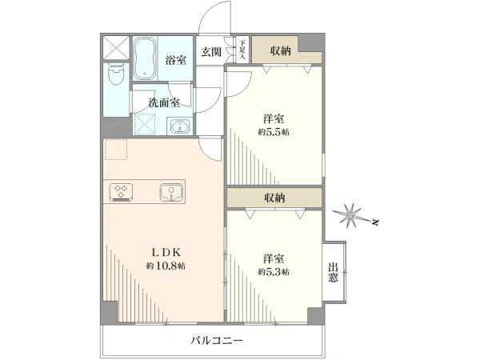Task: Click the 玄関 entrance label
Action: pos(211,52)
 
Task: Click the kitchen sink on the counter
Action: pos(171,192)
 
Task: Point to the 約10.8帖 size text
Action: pos(166,265)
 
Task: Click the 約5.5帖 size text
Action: pos(274,132)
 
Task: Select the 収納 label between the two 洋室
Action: pos(274,198)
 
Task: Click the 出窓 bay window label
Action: pos(333,272)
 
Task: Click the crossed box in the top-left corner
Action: pos(115,47)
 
